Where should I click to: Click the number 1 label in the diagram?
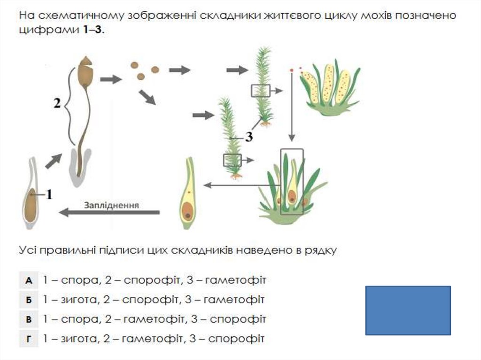point(49,194)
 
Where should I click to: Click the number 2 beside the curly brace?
point(57,104)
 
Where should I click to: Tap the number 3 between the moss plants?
point(249,137)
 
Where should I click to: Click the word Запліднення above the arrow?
point(111,205)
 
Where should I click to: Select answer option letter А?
point(29,280)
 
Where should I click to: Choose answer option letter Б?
point(29,299)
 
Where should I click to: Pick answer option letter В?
point(29,319)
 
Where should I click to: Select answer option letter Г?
point(29,338)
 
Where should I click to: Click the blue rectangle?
point(408,310)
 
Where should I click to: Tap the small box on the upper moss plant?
point(261,90)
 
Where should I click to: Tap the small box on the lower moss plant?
point(232,160)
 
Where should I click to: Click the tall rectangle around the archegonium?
point(292,182)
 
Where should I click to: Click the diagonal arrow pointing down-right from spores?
point(147,98)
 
